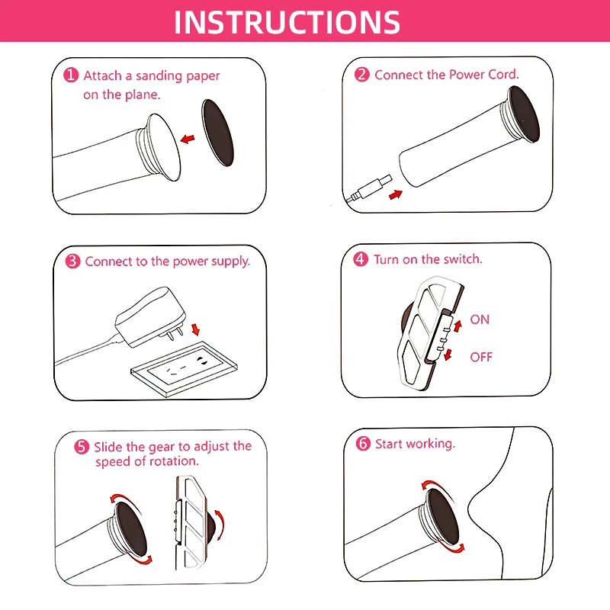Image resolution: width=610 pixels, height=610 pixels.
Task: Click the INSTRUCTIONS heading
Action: (287, 22)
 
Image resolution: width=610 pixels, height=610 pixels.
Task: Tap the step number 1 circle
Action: (71, 75)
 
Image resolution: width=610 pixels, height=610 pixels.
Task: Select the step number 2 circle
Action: (361, 74)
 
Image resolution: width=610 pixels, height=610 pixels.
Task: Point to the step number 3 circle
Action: (72, 261)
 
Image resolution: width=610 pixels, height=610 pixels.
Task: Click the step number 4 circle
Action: (361, 258)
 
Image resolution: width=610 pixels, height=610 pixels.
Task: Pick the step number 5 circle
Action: (82, 447)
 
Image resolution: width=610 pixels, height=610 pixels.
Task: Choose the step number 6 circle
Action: (363, 443)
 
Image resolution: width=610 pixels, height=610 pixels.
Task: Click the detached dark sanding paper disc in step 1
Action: (218, 133)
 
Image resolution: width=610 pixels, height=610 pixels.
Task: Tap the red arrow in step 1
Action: (188, 138)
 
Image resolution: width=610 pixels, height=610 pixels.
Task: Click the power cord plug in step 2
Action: (371, 188)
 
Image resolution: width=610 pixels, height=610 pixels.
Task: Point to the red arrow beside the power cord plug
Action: (396, 194)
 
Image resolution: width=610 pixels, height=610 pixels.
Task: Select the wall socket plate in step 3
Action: (184, 368)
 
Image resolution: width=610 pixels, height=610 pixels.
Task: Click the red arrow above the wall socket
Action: (195, 329)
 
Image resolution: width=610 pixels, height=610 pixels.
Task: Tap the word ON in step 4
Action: (480, 319)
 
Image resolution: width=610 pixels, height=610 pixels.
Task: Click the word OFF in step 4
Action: (481, 357)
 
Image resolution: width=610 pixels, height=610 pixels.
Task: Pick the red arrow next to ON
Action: (457, 326)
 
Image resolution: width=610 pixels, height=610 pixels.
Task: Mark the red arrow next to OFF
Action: (448, 354)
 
